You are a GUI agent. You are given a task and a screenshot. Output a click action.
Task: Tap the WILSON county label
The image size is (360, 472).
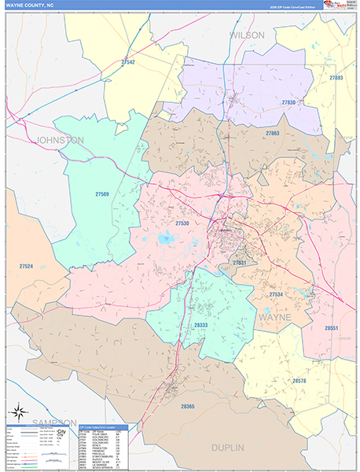(x=248, y=35)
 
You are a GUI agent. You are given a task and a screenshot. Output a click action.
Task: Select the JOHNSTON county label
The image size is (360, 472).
(x=60, y=140)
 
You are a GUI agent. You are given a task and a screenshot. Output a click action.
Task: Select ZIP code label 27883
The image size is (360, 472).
(x=336, y=79)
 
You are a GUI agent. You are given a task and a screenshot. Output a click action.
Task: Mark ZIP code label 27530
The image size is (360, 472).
(x=182, y=223)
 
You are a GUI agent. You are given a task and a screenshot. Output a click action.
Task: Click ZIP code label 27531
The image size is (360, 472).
(x=239, y=263)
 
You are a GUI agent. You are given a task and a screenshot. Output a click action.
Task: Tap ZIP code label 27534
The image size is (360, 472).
(x=276, y=294)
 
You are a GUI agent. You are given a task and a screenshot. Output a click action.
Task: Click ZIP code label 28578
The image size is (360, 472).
(x=299, y=381)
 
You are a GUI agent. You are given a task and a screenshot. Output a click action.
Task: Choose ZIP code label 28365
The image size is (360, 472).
(x=187, y=406)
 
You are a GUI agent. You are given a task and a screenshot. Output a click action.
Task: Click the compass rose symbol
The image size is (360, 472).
(x=18, y=413)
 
